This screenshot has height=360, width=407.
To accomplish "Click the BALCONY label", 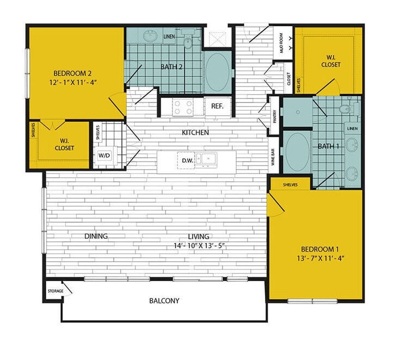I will click(x=164, y=301).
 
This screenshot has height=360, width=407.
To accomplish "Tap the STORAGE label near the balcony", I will click(x=55, y=291).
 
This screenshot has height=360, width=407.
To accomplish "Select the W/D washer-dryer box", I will click(x=104, y=155).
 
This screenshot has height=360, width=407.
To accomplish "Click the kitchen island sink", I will click(x=206, y=160).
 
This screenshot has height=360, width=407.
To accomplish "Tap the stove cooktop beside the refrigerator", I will click(x=182, y=107).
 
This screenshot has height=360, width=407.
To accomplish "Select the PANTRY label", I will click(x=275, y=116).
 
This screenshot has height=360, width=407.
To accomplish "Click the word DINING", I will click(x=96, y=236).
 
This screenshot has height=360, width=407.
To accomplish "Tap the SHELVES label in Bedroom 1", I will click(x=290, y=185).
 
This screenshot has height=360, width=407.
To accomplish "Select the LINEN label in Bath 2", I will click(x=170, y=36).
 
